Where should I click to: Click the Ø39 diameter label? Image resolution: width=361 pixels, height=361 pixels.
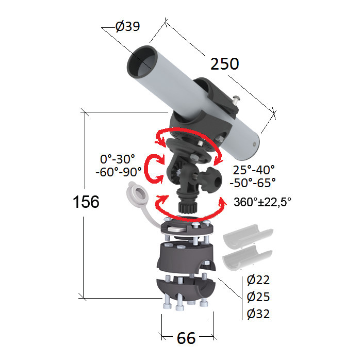pos(127,26)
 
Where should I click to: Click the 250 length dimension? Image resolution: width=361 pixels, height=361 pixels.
pos(225,64)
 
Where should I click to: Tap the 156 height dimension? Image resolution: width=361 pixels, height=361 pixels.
pos(86,202)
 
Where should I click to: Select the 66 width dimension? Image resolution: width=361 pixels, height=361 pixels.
pos(186,338)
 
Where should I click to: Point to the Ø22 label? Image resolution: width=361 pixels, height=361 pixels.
pos(258,280)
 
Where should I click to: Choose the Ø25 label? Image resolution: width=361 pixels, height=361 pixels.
pos(258,297)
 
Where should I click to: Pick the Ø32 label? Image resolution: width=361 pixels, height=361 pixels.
pos(258,314)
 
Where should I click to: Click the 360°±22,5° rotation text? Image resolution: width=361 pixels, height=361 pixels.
pos(262,202)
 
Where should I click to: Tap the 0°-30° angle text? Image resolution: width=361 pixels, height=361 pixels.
pos(118,159)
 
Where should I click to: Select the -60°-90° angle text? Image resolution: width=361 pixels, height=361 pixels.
pos(119,172)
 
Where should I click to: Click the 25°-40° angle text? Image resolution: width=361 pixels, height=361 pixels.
pos(254,170)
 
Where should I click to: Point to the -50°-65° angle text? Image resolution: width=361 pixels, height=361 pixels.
pos(253,183)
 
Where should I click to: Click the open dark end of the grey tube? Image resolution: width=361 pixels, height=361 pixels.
pos(142,62)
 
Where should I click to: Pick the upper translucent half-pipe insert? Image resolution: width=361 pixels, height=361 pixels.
pos(248,237)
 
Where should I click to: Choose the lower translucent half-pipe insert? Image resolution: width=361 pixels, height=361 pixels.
pos(248,257)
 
